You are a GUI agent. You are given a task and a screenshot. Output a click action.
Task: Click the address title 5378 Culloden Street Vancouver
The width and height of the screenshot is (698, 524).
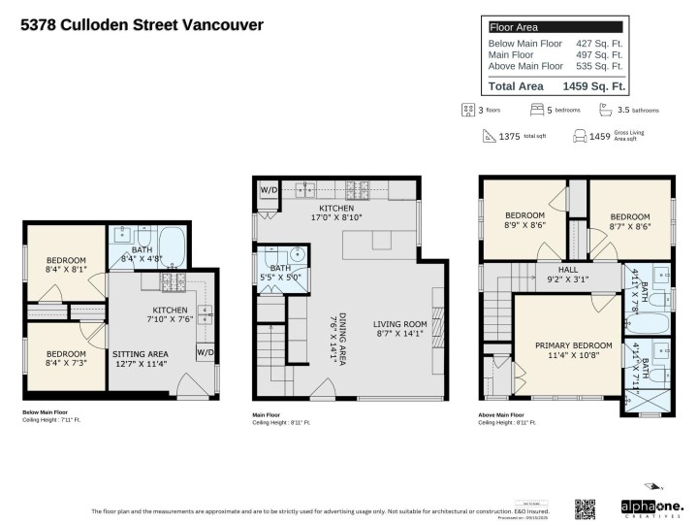(x=142, y=25)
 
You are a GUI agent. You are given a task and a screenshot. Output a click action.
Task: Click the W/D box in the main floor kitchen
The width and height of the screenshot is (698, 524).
(x=268, y=190)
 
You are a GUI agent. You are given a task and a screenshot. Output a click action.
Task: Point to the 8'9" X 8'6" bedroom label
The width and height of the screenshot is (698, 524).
(x=525, y=220)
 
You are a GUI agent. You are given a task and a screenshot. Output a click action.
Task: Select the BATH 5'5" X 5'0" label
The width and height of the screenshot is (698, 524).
(x=280, y=273)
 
